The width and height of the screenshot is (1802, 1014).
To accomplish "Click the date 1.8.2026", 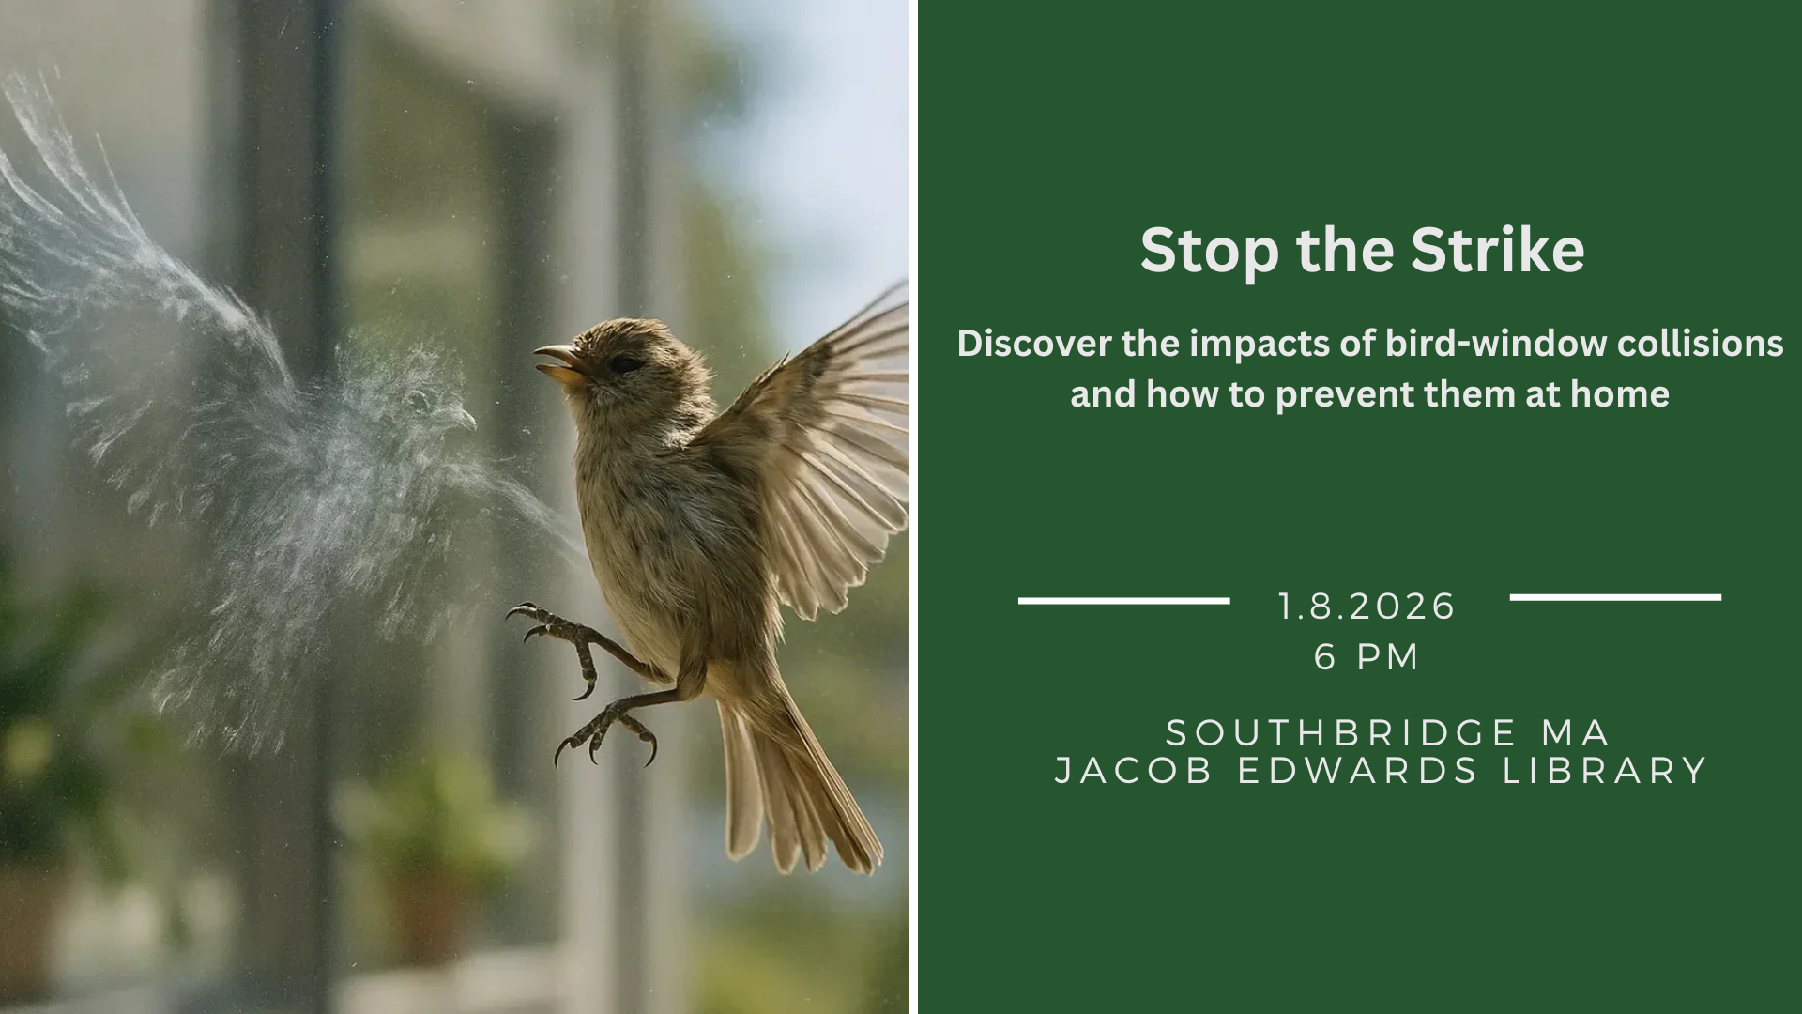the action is (1367, 607).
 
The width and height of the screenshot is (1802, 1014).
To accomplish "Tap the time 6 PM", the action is (1367, 656).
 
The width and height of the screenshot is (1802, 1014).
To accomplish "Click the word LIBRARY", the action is (1605, 771).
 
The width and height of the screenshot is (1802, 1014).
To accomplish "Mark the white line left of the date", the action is (1124, 600).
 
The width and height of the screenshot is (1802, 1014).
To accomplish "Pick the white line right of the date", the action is (1615, 597).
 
